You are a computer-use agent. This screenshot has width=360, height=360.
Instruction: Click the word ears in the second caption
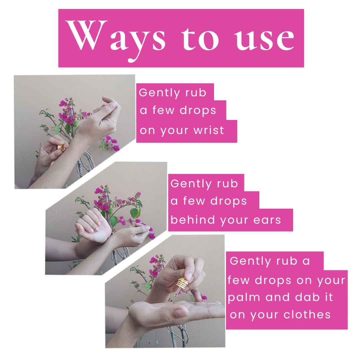point(267,220)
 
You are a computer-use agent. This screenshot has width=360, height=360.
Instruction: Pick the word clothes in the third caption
point(307,314)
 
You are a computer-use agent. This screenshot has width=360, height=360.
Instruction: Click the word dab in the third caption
point(307,297)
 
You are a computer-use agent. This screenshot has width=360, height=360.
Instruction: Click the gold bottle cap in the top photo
point(61,147)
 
